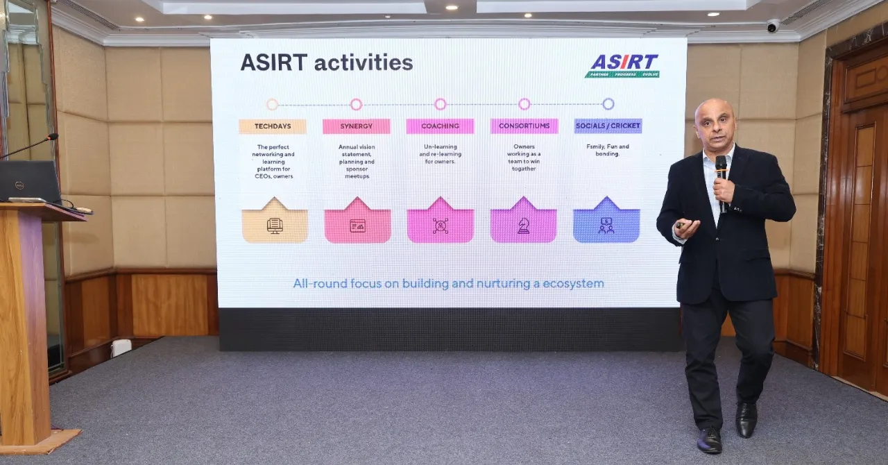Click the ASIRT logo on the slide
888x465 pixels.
[622, 65]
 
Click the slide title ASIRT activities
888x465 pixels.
[326, 62]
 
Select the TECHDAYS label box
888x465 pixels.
[273, 126]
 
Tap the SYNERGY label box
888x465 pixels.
[356, 126]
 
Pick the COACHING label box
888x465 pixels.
[440, 126]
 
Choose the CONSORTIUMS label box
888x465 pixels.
[524, 126]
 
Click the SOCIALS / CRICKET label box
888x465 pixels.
[608, 126]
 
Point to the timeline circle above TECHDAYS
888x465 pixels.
[272, 104]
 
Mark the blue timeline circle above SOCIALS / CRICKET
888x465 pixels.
[608, 104]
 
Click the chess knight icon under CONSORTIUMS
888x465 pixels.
[523, 226]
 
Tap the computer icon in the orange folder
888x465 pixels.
[275, 226]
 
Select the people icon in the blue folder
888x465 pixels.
[606, 226]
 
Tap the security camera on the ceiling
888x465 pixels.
[772, 26]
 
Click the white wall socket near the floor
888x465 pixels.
[121, 347]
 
